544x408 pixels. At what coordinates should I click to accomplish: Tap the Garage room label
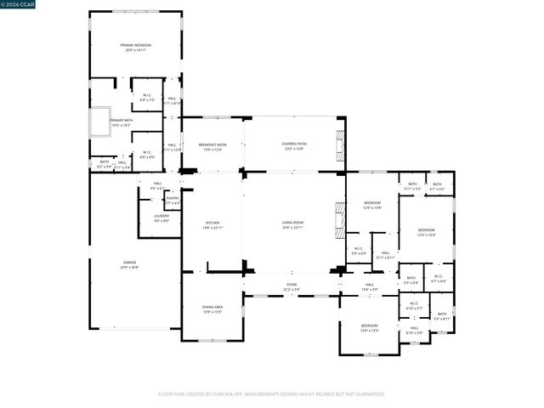tap(129, 264)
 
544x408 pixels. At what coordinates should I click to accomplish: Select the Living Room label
tap(293, 226)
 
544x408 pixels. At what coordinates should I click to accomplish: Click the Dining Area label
tap(212, 309)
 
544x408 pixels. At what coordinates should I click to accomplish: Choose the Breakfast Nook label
tap(212, 146)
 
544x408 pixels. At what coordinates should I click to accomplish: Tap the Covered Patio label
tap(295, 146)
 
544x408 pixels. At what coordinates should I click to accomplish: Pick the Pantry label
tap(173, 200)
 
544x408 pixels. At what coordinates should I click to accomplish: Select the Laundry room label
tap(161, 218)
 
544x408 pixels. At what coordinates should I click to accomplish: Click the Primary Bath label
tap(121, 122)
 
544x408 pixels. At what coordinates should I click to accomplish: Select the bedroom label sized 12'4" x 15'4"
tap(426, 232)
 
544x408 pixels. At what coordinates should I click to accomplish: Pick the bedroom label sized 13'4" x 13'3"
tap(369, 328)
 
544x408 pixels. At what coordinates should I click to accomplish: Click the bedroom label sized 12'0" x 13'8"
tap(372, 205)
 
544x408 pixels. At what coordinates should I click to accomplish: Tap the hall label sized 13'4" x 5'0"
tap(370, 286)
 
